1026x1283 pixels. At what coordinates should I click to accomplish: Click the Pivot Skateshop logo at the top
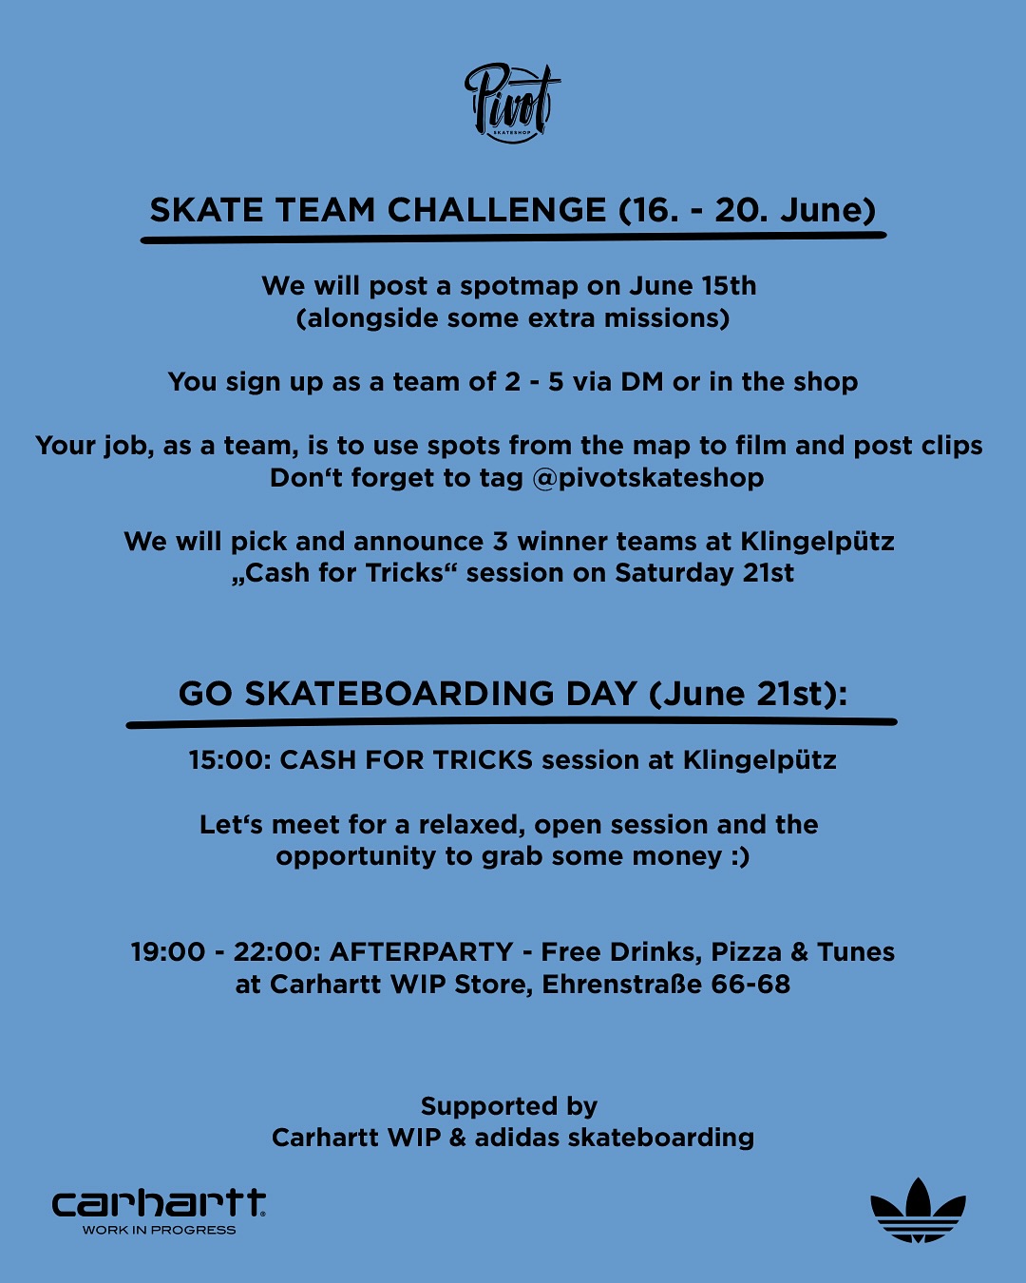point(512,103)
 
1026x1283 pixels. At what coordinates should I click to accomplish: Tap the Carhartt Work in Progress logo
point(159,1210)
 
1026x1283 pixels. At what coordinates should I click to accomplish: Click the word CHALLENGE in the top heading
point(497,210)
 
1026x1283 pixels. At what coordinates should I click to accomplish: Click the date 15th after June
point(729,286)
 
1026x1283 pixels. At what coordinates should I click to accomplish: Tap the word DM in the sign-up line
point(642,382)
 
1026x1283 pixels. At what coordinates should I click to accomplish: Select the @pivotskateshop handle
point(648,478)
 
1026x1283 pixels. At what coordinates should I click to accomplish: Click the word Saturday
point(674,573)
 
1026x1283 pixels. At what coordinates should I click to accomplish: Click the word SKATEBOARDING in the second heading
point(399,694)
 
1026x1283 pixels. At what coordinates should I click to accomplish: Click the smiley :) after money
point(740,857)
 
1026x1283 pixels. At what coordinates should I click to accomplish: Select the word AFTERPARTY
point(421,952)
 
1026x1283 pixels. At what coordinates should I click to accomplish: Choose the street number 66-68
point(750,985)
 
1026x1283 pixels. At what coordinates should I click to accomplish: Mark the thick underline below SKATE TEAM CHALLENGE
point(513,238)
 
